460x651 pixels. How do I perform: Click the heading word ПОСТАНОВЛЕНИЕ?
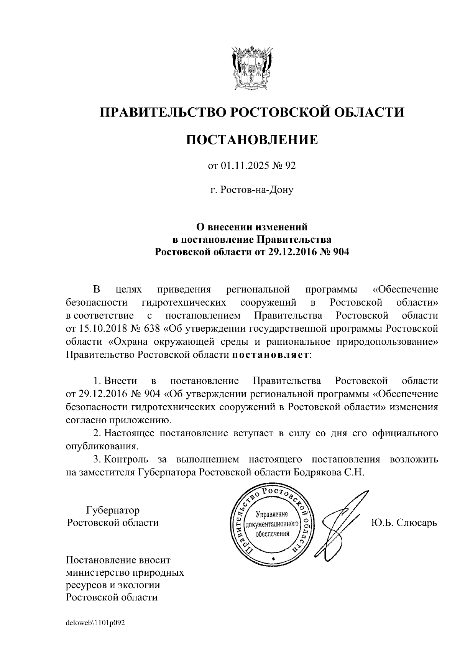252,140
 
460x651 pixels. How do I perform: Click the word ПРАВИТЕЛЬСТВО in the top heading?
161,112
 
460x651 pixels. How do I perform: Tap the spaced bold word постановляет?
270,355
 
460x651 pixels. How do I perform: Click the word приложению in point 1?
138,420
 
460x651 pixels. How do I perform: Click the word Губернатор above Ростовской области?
113,510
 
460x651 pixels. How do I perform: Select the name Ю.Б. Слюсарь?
404,523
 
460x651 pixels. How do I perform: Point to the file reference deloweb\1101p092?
95,623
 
